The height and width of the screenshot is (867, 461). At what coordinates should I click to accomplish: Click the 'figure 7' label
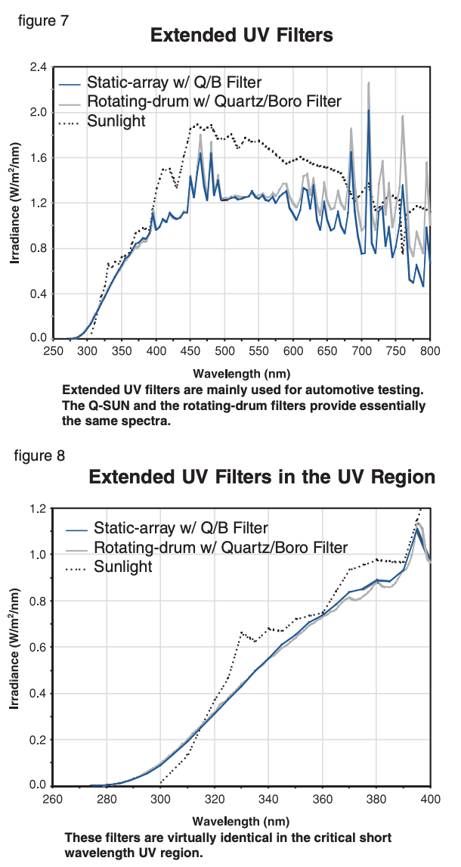pyautogui.click(x=44, y=20)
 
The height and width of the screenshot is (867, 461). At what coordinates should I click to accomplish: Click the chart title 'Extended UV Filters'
pyautogui.click(x=242, y=36)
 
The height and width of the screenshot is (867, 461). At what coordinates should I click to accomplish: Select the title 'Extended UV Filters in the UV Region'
pyautogui.click(x=262, y=477)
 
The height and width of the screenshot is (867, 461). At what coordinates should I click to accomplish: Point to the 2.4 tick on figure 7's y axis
pyautogui.click(x=38, y=67)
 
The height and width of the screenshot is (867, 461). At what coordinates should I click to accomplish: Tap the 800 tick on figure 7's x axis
pyautogui.click(x=430, y=352)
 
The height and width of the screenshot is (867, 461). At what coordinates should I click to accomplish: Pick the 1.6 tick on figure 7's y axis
pyautogui.click(x=38, y=158)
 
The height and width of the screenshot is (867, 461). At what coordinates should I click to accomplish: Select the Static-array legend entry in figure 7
pyautogui.click(x=175, y=82)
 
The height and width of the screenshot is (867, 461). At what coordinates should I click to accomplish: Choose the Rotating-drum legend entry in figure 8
pyautogui.click(x=220, y=547)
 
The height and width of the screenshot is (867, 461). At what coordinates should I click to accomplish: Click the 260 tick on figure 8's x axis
pyautogui.click(x=52, y=799)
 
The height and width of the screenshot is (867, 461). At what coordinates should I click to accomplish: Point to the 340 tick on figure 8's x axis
pyautogui.click(x=268, y=799)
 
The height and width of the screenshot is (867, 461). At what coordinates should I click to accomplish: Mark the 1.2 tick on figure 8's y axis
pyautogui.click(x=38, y=508)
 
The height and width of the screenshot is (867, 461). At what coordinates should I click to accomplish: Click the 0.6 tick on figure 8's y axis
pyautogui.click(x=38, y=647)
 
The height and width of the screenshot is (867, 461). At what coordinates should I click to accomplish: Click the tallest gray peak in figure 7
pyautogui.click(x=369, y=83)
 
